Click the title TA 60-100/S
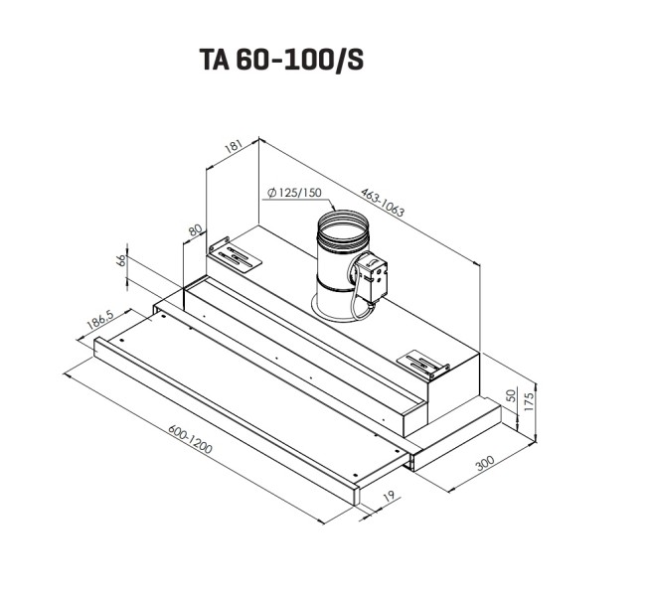click(281, 61)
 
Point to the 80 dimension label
click(196, 230)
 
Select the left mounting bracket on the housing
click(235, 253)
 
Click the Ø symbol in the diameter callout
click(271, 193)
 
